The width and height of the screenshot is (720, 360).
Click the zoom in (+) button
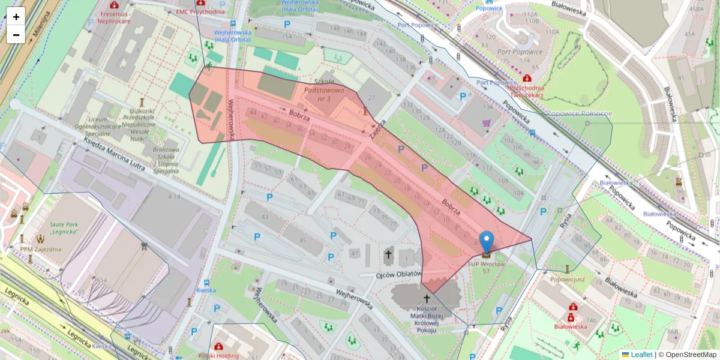coord(16,17)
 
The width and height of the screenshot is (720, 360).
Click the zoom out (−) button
coord(16,35)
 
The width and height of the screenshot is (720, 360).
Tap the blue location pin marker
coord(487,242)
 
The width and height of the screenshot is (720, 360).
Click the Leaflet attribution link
coord(641,355)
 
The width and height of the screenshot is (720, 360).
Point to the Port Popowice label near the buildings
coord(520,52)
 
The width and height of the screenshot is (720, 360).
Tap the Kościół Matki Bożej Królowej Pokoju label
coord(427,319)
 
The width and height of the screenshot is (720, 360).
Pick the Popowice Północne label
coord(578,113)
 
